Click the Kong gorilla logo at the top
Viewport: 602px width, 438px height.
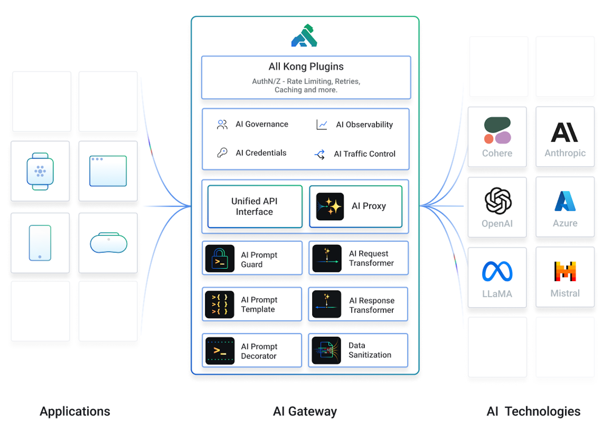(x=304, y=36)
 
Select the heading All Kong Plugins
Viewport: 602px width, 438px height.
(x=306, y=66)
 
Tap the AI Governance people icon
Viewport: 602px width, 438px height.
(x=222, y=124)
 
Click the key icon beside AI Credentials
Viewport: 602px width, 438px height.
(x=222, y=153)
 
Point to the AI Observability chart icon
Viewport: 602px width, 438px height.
(x=322, y=125)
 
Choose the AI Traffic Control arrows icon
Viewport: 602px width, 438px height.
(x=319, y=154)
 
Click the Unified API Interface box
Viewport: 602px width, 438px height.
(x=255, y=206)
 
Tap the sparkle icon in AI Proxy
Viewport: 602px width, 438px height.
(x=330, y=206)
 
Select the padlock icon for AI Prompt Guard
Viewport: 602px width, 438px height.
(x=220, y=258)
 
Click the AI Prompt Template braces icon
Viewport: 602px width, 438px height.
(x=219, y=304)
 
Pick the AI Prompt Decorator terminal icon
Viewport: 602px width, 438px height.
(x=220, y=351)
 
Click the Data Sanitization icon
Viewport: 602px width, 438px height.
(x=326, y=351)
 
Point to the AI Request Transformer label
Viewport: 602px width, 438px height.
(x=371, y=258)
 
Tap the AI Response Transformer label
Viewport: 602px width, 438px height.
(x=372, y=305)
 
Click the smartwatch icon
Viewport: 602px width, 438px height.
(x=40, y=171)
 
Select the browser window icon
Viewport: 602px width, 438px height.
(x=108, y=171)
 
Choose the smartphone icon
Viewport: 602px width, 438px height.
(x=40, y=243)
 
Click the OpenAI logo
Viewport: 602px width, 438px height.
(x=498, y=201)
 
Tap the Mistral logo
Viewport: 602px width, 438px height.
(x=565, y=271)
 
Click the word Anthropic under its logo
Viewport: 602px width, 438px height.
(x=565, y=153)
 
